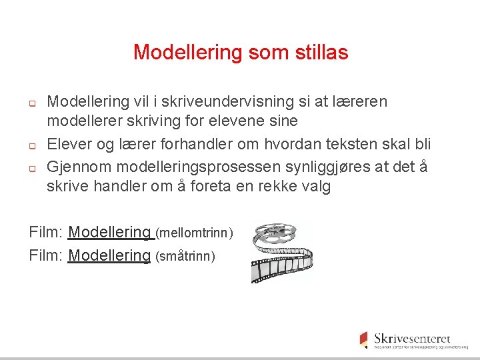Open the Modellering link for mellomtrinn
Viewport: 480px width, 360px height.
click(x=111, y=232)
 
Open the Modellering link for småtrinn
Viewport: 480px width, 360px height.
click(x=109, y=255)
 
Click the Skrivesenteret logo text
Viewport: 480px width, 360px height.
click(x=412, y=339)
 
